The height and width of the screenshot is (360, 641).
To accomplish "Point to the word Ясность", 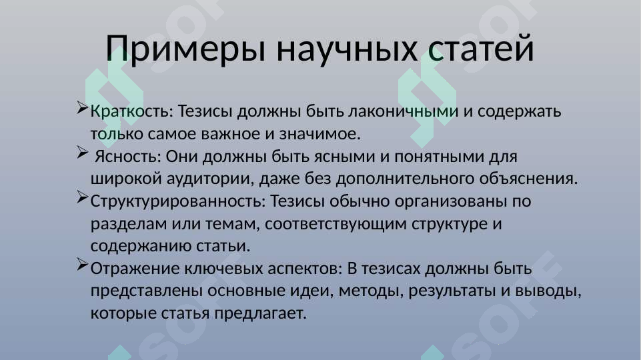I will coord(129,157).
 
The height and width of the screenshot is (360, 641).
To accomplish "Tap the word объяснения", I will coord(528,179).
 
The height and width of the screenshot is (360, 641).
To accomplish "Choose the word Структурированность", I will coord(176,201).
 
